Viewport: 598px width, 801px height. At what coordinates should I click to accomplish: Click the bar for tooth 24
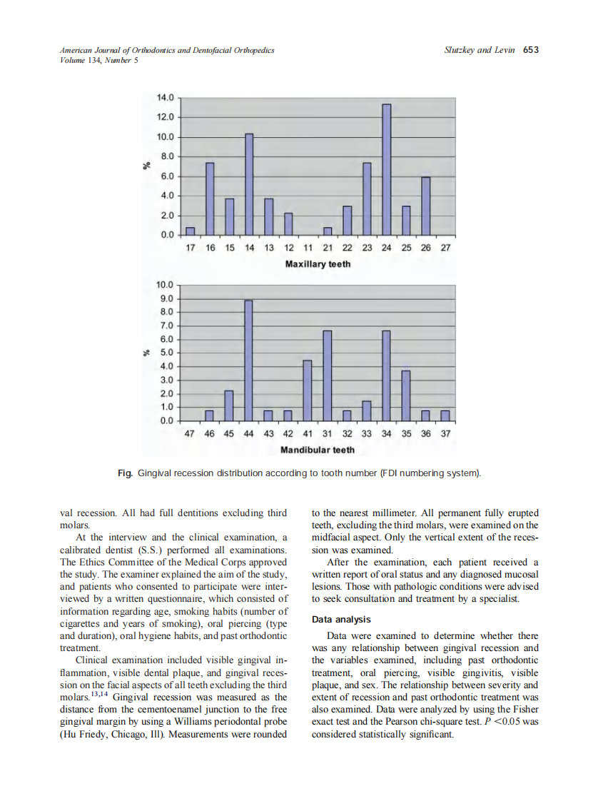point(386,170)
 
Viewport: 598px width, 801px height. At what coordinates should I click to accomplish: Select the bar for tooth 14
point(249,185)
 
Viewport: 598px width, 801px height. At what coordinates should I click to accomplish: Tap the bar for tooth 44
point(248,361)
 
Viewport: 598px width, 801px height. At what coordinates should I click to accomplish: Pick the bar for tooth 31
point(328,376)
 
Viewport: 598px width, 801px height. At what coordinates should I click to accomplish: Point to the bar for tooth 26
point(425,206)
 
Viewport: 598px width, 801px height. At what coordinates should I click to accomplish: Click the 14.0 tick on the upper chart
point(165,97)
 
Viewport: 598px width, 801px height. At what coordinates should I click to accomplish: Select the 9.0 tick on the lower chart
point(165,298)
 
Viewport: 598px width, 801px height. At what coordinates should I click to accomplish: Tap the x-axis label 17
point(190,248)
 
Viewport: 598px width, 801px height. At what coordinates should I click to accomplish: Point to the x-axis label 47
point(190,433)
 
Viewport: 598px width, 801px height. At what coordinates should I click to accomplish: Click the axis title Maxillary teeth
point(318,264)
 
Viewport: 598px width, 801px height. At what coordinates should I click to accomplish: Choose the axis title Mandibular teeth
point(318,450)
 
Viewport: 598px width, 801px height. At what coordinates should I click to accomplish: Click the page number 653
point(531,50)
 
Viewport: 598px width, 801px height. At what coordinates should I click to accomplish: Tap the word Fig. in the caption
point(126,473)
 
